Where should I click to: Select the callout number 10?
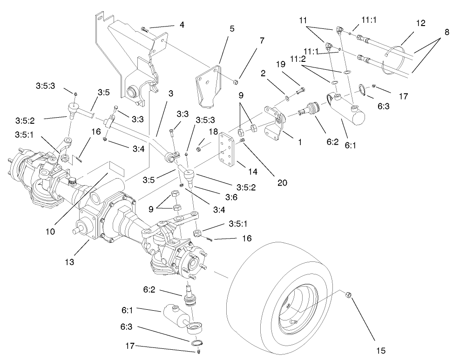point(51,231)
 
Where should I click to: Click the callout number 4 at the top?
point(182,25)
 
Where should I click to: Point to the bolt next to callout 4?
point(144,30)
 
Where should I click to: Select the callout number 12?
point(420,22)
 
